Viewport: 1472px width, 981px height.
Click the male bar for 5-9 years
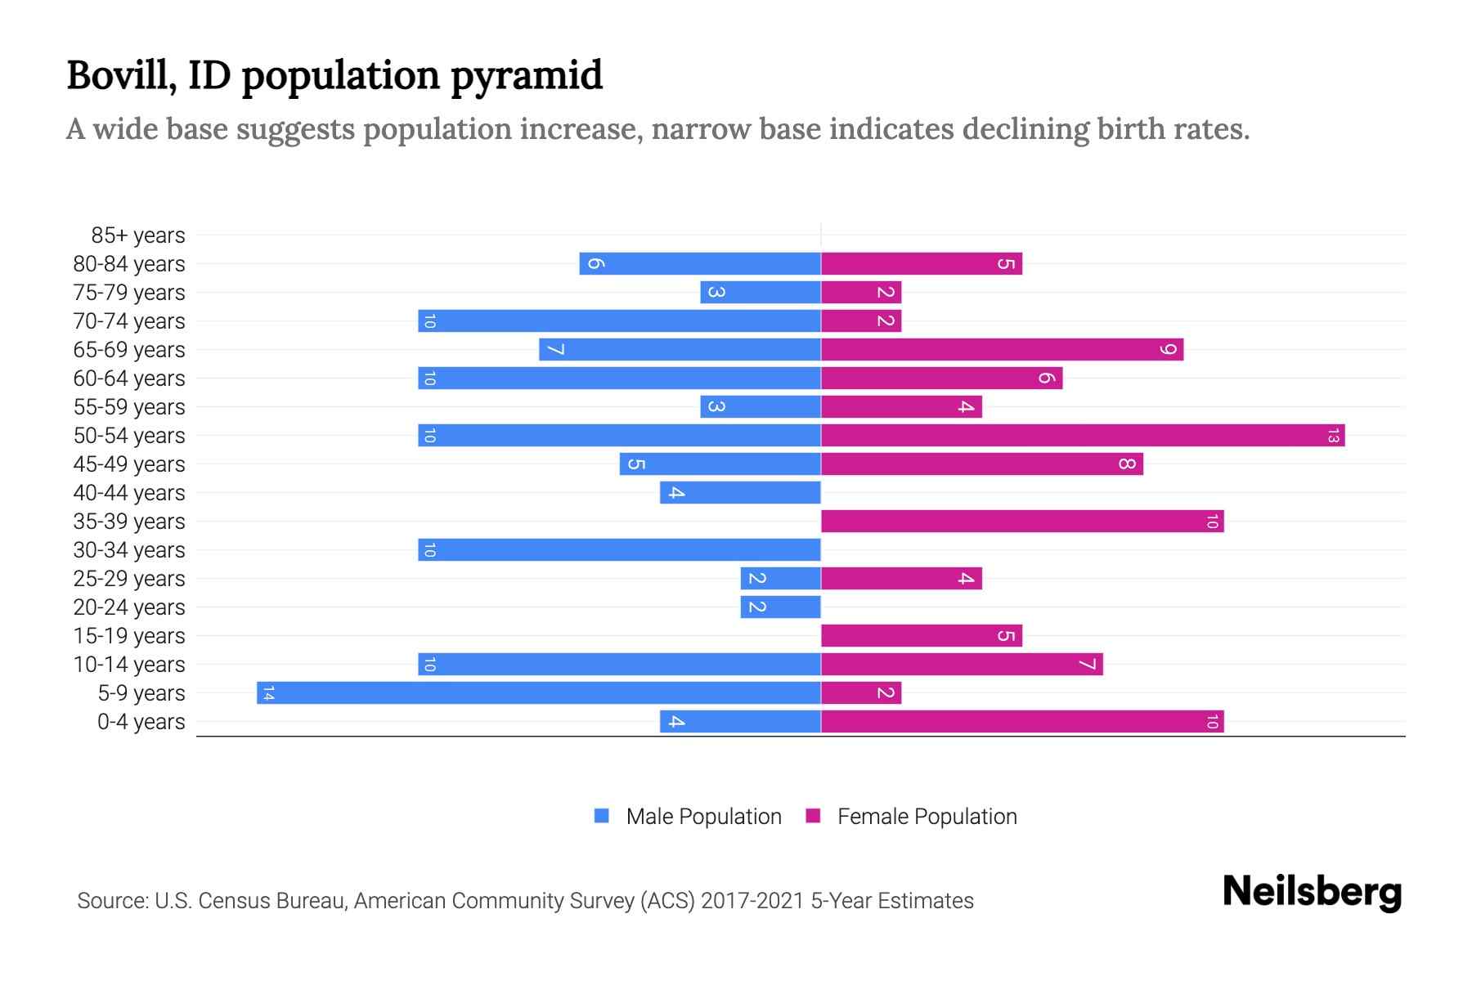(x=540, y=692)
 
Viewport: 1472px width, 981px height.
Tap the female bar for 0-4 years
(x=1022, y=721)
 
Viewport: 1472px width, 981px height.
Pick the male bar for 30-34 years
(x=619, y=549)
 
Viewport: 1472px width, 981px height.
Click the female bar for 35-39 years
(x=1022, y=521)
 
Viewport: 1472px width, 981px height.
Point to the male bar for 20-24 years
(x=781, y=607)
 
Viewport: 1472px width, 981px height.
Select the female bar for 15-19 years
(x=922, y=635)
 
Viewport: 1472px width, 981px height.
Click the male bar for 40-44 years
(x=740, y=492)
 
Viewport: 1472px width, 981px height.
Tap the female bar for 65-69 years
(x=1002, y=349)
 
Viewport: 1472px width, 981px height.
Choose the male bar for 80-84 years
(x=700, y=263)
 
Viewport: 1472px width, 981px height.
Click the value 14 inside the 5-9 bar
(x=268, y=693)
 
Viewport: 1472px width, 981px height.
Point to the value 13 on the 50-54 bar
(x=1333, y=436)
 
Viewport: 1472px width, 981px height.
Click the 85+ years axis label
(x=138, y=235)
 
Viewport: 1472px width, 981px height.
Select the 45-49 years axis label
(x=129, y=464)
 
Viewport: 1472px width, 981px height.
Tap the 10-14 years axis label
(x=129, y=665)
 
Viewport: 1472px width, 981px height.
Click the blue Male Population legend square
(x=602, y=816)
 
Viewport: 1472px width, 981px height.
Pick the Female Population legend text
(x=927, y=817)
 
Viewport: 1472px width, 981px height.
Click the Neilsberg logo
(x=1312, y=892)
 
